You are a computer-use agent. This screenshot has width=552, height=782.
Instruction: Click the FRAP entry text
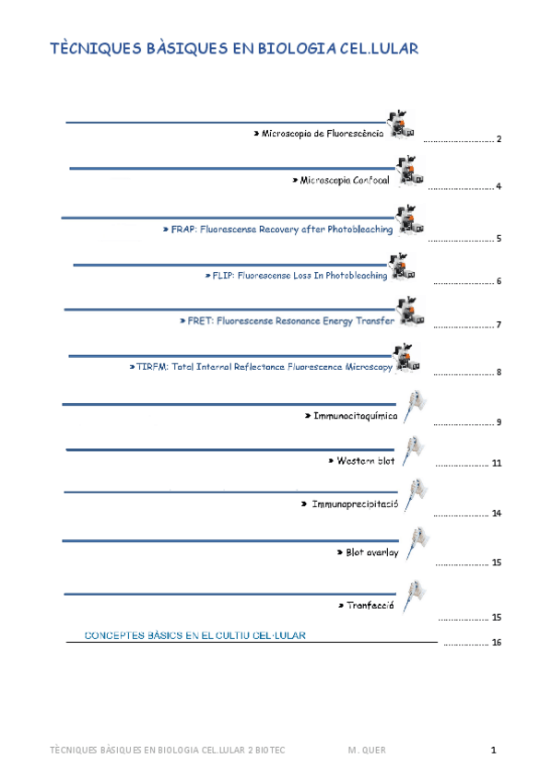click(x=276, y=229)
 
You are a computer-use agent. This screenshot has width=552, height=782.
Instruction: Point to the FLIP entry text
click(x=295, y=276)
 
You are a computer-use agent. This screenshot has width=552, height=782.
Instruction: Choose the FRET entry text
click(x=285, y=321)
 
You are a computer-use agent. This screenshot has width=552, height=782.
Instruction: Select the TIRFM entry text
click(x=261, y=367)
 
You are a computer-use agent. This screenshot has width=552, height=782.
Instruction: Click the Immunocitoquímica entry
click(x=350, y=416)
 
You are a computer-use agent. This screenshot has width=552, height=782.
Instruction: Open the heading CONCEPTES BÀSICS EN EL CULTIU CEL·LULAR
click(x=195, y=634)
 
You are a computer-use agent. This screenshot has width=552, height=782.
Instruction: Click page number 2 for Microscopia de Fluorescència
click(x=498, y=139)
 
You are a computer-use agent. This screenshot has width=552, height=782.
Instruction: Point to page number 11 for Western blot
click(x=496, y=463)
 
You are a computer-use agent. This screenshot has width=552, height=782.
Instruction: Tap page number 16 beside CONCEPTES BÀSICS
click(x=496, y=643)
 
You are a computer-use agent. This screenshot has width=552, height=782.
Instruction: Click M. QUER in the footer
click(x=367, y=751)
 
